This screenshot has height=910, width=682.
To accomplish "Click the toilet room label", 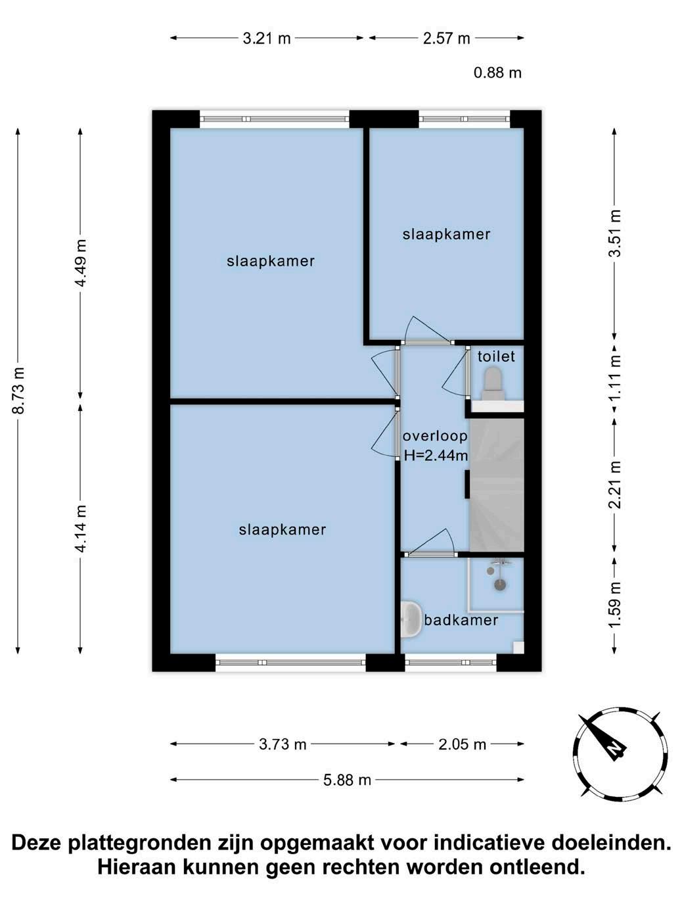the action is [x=496, y=356].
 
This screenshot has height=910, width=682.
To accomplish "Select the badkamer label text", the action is [x=461, y=620].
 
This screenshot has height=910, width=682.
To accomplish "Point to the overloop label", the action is [x=435, y=436].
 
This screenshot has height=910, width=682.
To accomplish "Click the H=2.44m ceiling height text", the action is [x=436, y=456].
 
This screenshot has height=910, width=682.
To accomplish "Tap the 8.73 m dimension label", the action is [x=18, y=391].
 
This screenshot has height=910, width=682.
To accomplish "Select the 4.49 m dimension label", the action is [x=81, y=263].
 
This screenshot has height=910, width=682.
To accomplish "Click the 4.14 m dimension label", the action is [x=81, y=529].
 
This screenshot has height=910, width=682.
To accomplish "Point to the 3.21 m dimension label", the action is [x=267, y=39].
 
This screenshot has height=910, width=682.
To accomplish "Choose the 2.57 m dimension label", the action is [x=446, y=39].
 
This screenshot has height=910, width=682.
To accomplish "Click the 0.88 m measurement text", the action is [x=497, y=73].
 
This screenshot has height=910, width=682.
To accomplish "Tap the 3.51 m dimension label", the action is [x=615, y=233].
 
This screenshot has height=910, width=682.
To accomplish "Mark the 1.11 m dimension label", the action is [x=615, y=377].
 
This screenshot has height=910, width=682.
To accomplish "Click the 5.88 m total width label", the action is [x=347, y=780].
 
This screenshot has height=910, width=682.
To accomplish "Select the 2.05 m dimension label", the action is [x=462, y=744].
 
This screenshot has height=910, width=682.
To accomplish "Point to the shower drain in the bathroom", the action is [x=500, y=585].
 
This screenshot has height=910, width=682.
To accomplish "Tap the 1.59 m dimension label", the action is [x=615, y=606].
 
